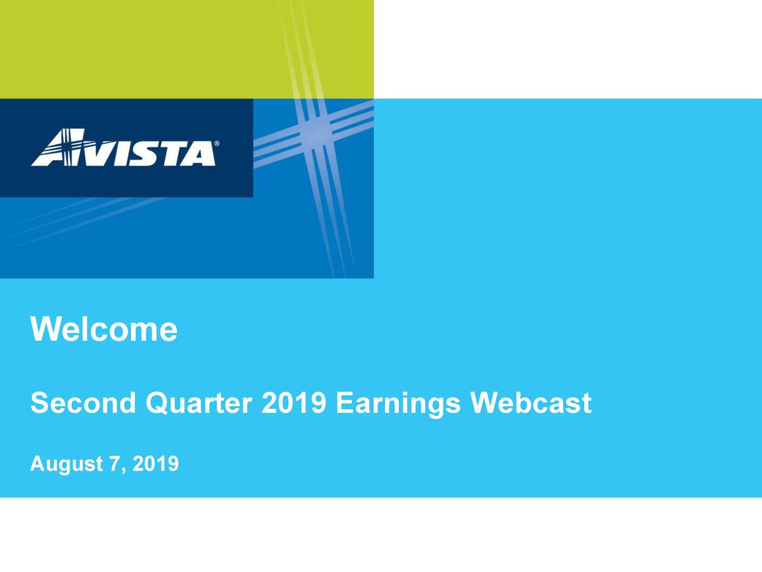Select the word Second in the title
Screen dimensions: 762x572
tap(83, 403)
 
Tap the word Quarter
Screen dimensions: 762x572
tap(199, 403)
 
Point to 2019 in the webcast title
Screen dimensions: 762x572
tap(293, 403)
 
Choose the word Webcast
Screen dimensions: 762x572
tap(531, 403)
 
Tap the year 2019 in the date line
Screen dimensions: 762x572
tap(155, 463)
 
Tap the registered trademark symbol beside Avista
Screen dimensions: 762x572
tap(217, 144)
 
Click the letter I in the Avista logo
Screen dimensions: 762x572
tap(120, 154)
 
